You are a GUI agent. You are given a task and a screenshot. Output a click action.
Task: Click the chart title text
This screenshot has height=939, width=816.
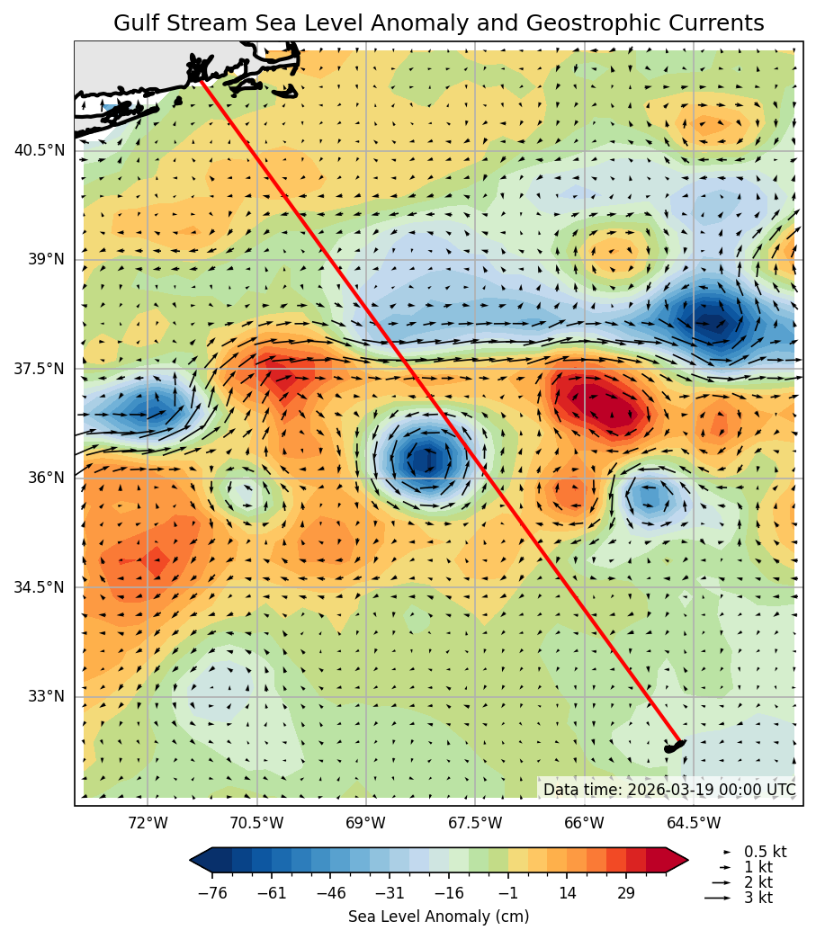coord(438,23)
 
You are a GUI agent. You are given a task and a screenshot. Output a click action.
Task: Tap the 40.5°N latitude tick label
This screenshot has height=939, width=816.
coord(39,150)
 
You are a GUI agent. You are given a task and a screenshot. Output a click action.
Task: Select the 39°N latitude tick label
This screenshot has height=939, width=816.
coord(46,259)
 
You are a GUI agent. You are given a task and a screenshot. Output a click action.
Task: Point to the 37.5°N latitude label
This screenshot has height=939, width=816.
coord(39,369)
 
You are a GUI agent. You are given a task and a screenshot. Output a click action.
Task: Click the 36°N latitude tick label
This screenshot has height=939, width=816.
coord(46,478)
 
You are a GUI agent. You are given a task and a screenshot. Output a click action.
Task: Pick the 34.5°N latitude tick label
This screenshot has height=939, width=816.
coord(39,587)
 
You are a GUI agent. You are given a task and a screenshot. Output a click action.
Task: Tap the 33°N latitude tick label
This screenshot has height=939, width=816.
coord(46,696)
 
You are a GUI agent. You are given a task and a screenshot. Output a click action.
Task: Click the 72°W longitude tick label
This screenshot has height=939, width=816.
coord(148,823)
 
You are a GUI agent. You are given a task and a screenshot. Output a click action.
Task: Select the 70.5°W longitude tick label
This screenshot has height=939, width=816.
coord(256,823)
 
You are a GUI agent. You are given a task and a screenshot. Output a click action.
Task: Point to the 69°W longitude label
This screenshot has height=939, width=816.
coord(365,823)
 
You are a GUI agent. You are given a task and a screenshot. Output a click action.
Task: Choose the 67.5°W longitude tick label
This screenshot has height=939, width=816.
coord(475,823)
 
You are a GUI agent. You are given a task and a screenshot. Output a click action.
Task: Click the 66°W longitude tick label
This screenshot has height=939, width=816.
coord(584,823)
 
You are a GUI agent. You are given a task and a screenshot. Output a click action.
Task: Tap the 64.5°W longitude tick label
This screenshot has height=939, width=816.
coord(694,823)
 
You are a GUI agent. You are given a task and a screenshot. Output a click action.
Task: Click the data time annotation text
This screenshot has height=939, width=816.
coord(668,790)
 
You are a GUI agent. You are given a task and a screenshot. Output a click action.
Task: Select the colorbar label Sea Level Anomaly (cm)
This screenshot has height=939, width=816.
coord(438,917)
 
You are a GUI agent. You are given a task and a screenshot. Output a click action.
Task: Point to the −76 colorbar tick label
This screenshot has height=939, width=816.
coord(212,893)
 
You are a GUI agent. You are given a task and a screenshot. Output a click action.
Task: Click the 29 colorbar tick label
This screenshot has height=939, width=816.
coord(626,893)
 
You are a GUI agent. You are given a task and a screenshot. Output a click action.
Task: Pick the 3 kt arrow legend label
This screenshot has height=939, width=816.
coord(758,898)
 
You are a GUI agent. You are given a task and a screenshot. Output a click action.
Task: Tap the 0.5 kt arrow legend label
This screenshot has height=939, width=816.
coord(765,851)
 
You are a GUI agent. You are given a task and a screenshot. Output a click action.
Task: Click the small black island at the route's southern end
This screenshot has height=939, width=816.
coord(674,746)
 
